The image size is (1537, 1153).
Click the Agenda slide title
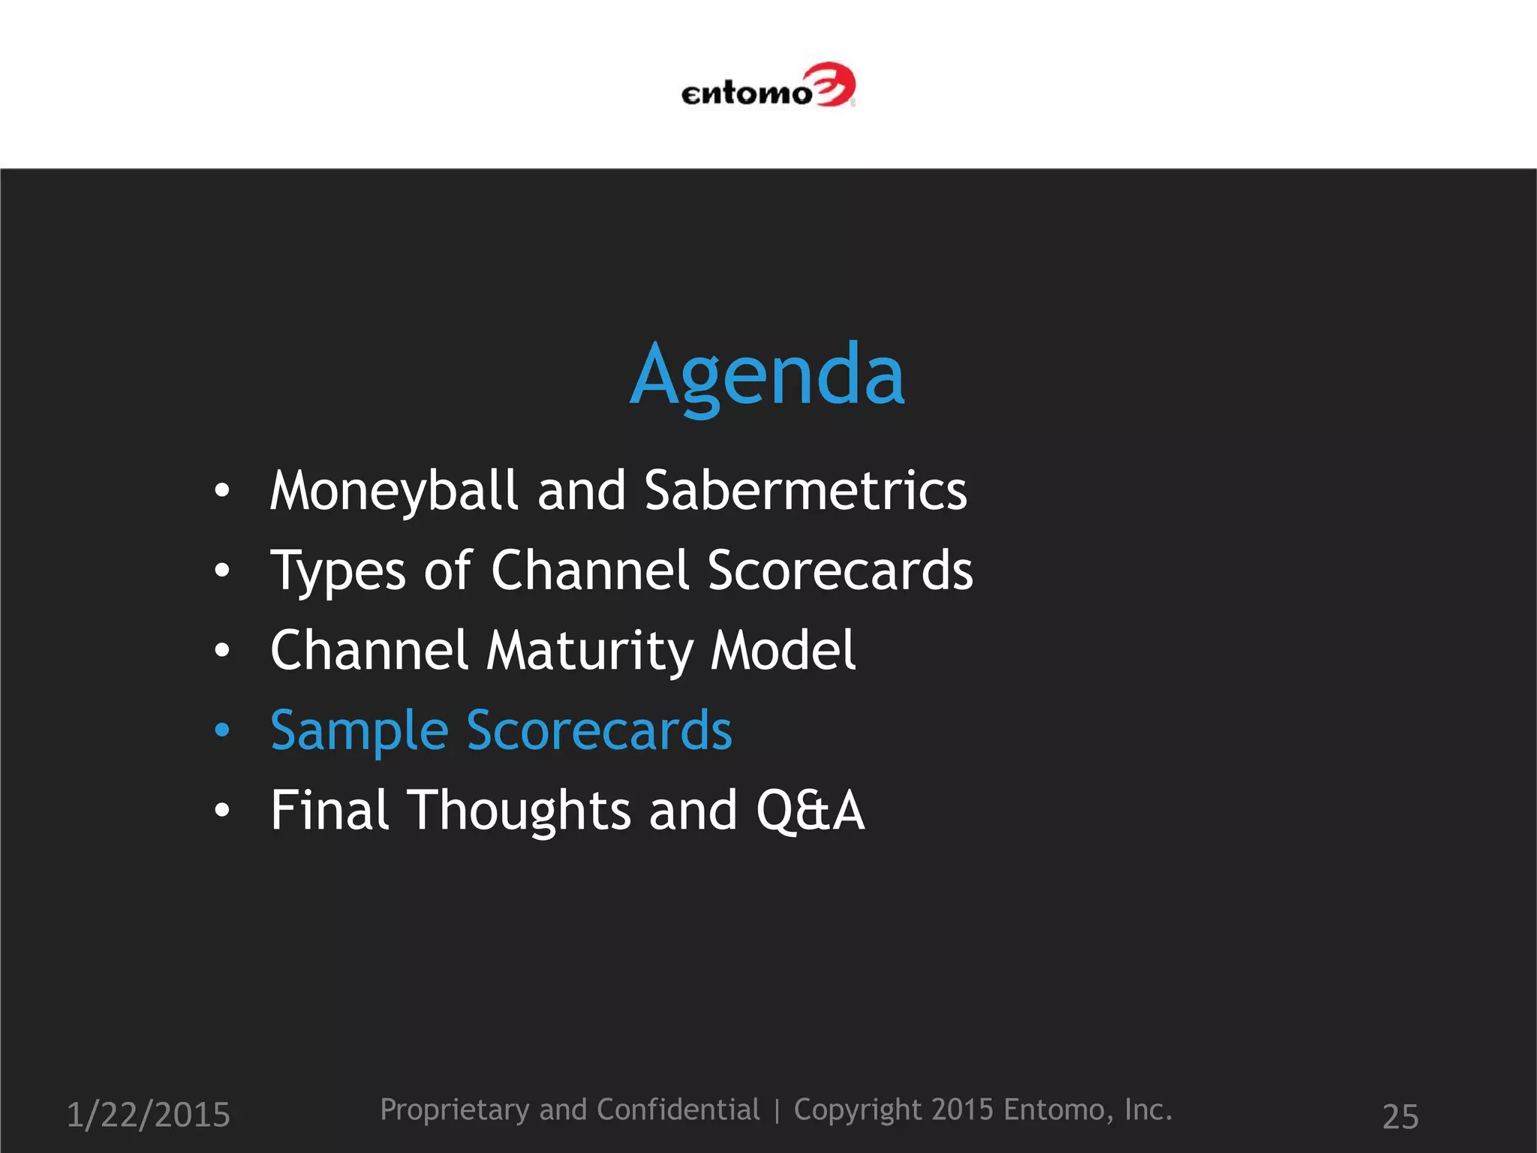click(767, 375)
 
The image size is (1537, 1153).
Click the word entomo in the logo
click(746, 94)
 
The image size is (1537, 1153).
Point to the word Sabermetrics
click(805, 490)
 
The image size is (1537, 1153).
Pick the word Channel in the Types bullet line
click(590, 570)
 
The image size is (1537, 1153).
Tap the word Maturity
click(589, 652)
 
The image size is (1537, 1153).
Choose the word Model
click(783, 650)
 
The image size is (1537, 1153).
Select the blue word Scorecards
click(599, 730)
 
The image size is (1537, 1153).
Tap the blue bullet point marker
click(221, 730)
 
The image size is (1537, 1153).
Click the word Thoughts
click(519, 811)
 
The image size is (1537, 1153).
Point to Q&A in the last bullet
click(810, 811)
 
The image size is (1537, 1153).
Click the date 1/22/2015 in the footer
click(149, 1115)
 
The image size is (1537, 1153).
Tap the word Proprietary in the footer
click(454, 1109)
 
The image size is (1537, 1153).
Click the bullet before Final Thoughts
click(221, 810)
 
